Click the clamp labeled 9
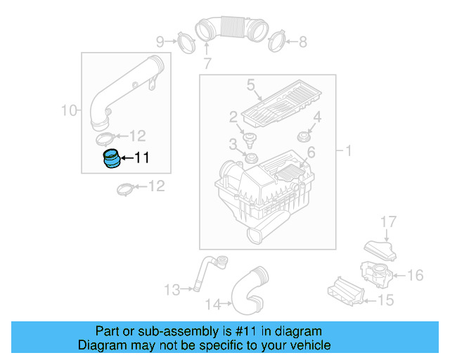(184, 41)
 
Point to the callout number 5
(250, 86)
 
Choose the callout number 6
(311, 152)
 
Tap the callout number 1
(348, 150)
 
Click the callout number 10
(68, 110)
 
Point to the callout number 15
(386, 300)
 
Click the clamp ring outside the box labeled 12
(126, 188)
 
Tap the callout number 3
(233, 144)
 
